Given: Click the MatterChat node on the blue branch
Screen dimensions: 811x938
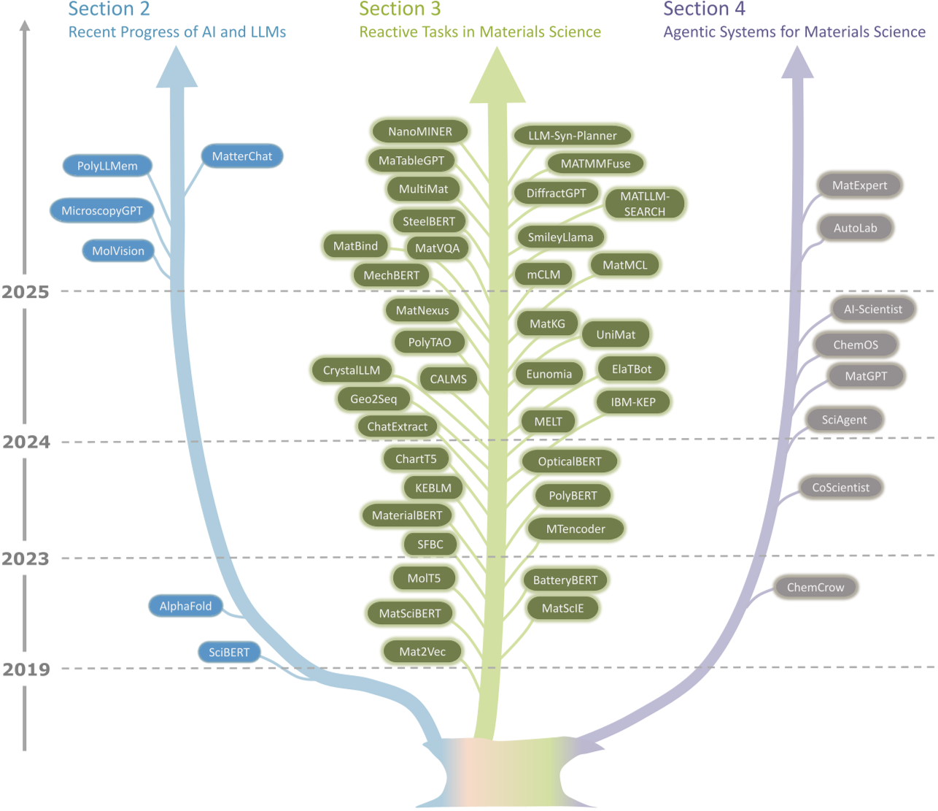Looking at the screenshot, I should [x=241, y=156].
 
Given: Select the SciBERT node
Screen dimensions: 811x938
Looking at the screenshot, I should [x=229, y=652].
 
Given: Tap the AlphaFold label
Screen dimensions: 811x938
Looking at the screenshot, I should [x=185, y=606].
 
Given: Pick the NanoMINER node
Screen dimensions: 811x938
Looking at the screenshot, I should [x=419, y=131].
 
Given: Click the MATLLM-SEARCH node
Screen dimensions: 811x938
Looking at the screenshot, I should [x=644, y=204].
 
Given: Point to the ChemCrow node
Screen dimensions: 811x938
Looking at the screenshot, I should [x=815, y=587].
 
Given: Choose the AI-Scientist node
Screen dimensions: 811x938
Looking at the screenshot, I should [x=872, y=309].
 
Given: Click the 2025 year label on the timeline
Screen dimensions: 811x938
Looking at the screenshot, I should [x=26, y=292].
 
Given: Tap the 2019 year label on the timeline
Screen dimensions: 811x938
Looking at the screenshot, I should [x=26, y=669].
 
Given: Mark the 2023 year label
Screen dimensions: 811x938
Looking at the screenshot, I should [x=26, y=558].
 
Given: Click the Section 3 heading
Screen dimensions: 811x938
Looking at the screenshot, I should [x=400, y=9].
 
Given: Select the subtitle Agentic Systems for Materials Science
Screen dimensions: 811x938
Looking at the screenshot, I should [x=794, y=32].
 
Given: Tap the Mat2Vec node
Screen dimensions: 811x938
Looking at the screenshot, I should [x=422, y=651].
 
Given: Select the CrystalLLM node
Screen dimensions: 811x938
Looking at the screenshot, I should [x=351, y=370].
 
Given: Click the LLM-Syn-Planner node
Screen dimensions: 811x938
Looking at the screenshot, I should [x=572, y=135].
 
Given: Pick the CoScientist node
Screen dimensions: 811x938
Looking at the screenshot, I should [x=840, y=487].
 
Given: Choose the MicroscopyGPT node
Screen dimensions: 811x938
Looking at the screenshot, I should [x=102, y=210].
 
